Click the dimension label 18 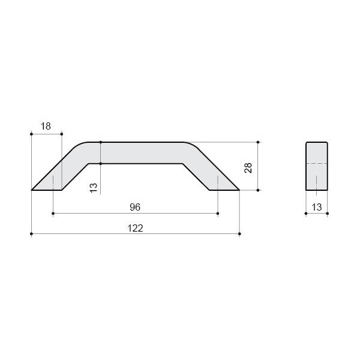(x=46, y=126)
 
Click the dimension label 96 (x=135, y=207)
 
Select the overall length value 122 (x=135, y=228)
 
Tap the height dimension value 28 (x=248, y=167)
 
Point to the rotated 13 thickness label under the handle (x=94, y=188)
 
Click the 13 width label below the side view (x=317, y=208)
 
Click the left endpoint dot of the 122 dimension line (x=31, y=234)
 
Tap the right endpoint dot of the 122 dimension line (x=239, y=234)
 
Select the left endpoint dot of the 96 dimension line (x=53, y=214)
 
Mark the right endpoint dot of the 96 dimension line (x=218, y=214)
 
